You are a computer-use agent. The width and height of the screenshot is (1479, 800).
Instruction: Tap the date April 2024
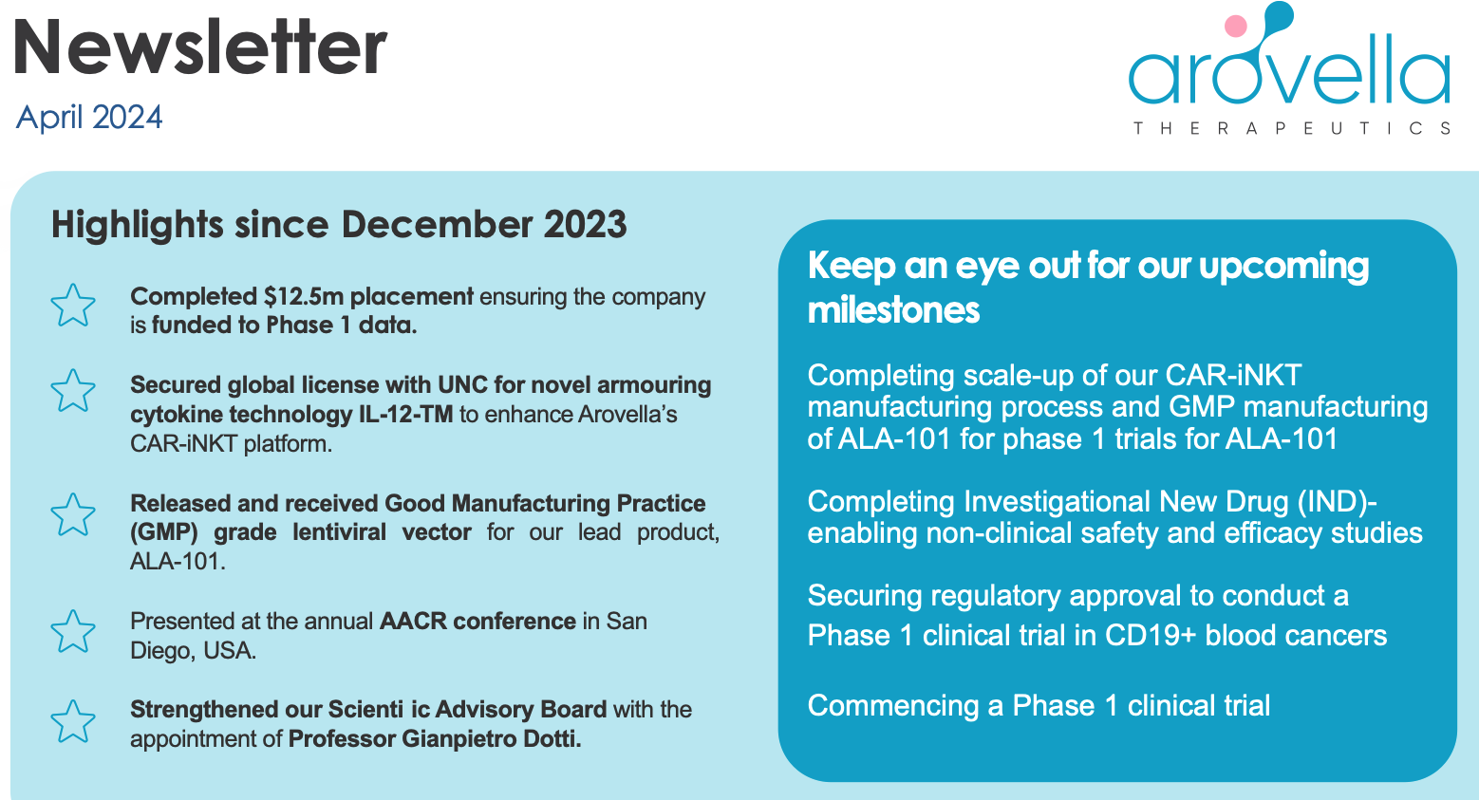[89, 117]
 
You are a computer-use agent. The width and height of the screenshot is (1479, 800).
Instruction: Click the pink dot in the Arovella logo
[1235, 26]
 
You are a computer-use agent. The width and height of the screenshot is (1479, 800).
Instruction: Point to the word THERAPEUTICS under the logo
[1291, 128]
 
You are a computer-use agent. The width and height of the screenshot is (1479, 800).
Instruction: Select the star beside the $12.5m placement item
[73, 306]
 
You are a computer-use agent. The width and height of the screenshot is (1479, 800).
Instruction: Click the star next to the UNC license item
[73, 391]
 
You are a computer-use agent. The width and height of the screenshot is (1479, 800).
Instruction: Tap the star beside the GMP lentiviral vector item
[73, 514]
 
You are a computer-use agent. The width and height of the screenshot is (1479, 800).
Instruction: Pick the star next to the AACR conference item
[73, 631]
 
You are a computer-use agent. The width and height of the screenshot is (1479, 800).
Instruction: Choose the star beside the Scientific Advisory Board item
[73, 721]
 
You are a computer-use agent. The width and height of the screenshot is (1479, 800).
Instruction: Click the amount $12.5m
[304, 297]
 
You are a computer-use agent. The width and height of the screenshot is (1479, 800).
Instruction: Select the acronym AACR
[413, 622]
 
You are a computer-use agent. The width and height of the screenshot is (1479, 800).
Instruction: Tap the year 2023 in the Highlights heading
[585, 225]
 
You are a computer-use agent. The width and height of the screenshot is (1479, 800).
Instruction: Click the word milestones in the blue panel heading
[893, 310]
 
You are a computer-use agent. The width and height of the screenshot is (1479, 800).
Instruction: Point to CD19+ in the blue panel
[1151, 636]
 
